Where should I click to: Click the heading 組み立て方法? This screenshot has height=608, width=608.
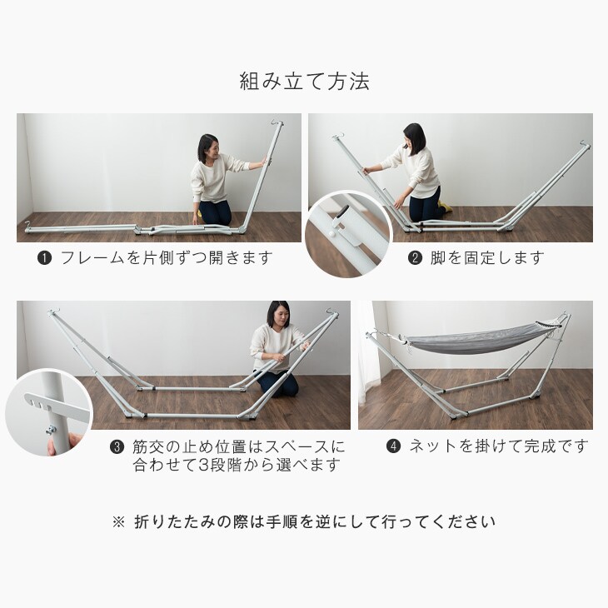304,81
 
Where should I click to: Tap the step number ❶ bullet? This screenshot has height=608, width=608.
45,258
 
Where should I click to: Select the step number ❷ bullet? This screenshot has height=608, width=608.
415,258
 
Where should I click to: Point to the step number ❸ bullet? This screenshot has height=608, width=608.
117,447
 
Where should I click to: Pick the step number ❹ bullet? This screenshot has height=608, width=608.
394,446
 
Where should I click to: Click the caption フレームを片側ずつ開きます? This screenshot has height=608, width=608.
167,258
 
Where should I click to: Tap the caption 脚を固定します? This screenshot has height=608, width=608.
487,258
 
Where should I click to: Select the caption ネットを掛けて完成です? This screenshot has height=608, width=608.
500,446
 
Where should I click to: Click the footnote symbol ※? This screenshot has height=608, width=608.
118,522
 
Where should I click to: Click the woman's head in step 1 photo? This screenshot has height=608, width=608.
208,148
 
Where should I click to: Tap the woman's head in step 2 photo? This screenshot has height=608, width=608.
414,138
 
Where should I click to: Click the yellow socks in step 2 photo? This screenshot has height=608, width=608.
445,204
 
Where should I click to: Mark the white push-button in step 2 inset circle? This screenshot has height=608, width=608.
331,234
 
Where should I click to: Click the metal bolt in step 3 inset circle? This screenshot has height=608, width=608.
51,429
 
